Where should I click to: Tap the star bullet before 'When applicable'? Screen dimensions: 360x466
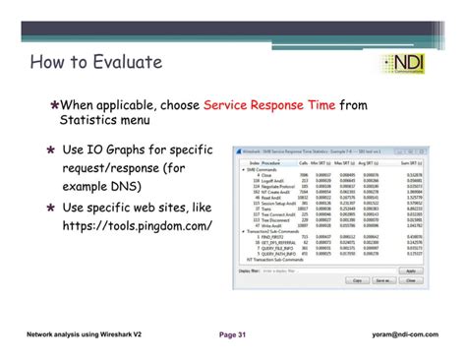click(x=55, y=105)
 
